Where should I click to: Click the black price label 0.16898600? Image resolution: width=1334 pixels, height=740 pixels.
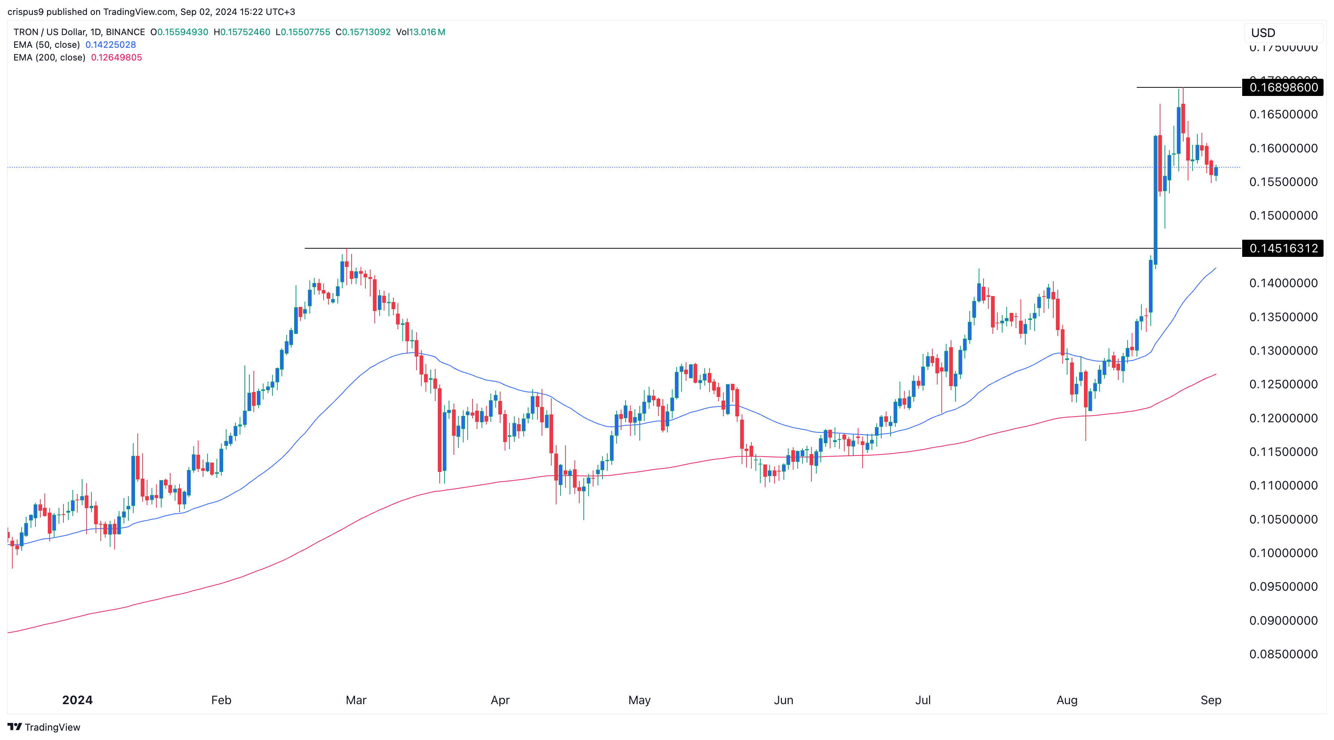click(1283, 87)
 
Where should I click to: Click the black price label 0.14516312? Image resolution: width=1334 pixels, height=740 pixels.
click(1283, 249)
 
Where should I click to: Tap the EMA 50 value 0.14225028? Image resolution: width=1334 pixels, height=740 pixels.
click(110, 44)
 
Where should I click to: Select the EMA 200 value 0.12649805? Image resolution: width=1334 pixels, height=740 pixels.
click(116, 57)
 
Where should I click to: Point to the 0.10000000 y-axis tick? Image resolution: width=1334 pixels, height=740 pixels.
click(1283, 553)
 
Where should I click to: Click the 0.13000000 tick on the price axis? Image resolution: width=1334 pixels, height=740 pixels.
click(1283, 351)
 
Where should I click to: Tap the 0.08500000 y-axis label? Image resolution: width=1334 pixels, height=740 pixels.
click(1283, 654)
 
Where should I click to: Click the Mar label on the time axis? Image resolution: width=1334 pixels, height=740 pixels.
click(356, 700)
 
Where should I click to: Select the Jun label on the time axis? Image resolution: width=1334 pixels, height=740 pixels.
click(783, 700)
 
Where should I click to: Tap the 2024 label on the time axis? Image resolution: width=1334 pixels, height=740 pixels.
click(77, 700)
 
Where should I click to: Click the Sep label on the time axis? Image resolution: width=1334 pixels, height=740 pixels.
click(1210, 700)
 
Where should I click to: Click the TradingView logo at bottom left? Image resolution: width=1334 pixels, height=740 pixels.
click(44, 727)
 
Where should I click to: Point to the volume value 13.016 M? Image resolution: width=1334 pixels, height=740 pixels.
click(427, 32)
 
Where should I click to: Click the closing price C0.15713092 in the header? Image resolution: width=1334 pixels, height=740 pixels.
click(363, 32)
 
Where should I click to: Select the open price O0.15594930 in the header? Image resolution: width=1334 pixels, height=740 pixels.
click(179, 32)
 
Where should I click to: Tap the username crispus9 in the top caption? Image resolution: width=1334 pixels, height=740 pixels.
click(25, 12)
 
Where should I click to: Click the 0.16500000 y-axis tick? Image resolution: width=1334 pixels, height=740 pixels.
click(1283, 115)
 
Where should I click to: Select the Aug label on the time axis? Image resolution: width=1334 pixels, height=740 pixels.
click(1067, 700)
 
